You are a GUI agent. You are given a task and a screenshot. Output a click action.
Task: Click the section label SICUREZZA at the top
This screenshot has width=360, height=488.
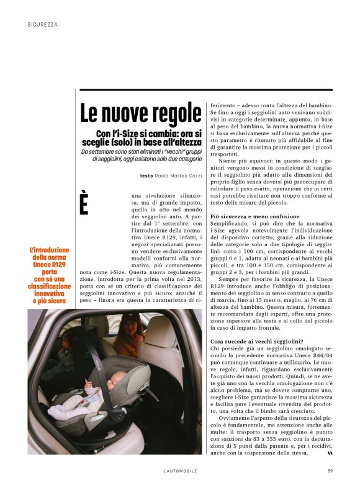pyautogui.click(x=43, y=25)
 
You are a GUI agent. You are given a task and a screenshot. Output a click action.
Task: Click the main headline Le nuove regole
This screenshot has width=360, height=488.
pyautogui.click(x=141, y=113)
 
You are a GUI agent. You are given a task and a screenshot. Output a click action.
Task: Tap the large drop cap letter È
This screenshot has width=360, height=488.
pyautogui.click(x=84, y=204)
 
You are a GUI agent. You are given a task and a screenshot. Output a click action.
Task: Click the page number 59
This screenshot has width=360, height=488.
pyautogui.click(x=330, y=471)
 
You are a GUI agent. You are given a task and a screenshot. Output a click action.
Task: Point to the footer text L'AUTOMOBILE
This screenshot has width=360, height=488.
pyautogui.click(x=179, y=471)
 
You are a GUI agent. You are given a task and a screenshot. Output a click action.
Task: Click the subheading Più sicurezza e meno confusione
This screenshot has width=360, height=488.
pyautogui.click(x=254, y=216)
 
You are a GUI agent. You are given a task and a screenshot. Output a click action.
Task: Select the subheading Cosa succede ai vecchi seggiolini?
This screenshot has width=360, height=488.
pyautogui.click(x=256, y=341)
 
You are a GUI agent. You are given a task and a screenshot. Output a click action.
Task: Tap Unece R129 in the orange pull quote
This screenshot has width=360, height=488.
pyautogui.click(x=51, y=265)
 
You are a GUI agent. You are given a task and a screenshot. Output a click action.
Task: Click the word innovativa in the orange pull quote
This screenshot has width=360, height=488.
pyautogui.click(x=51, y=293)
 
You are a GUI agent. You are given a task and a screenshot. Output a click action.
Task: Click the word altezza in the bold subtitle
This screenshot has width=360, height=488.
pyautogui.click(x=185, y=142)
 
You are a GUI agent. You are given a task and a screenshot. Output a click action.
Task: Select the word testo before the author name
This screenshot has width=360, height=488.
pyautogui.click(x=146, y=176)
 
